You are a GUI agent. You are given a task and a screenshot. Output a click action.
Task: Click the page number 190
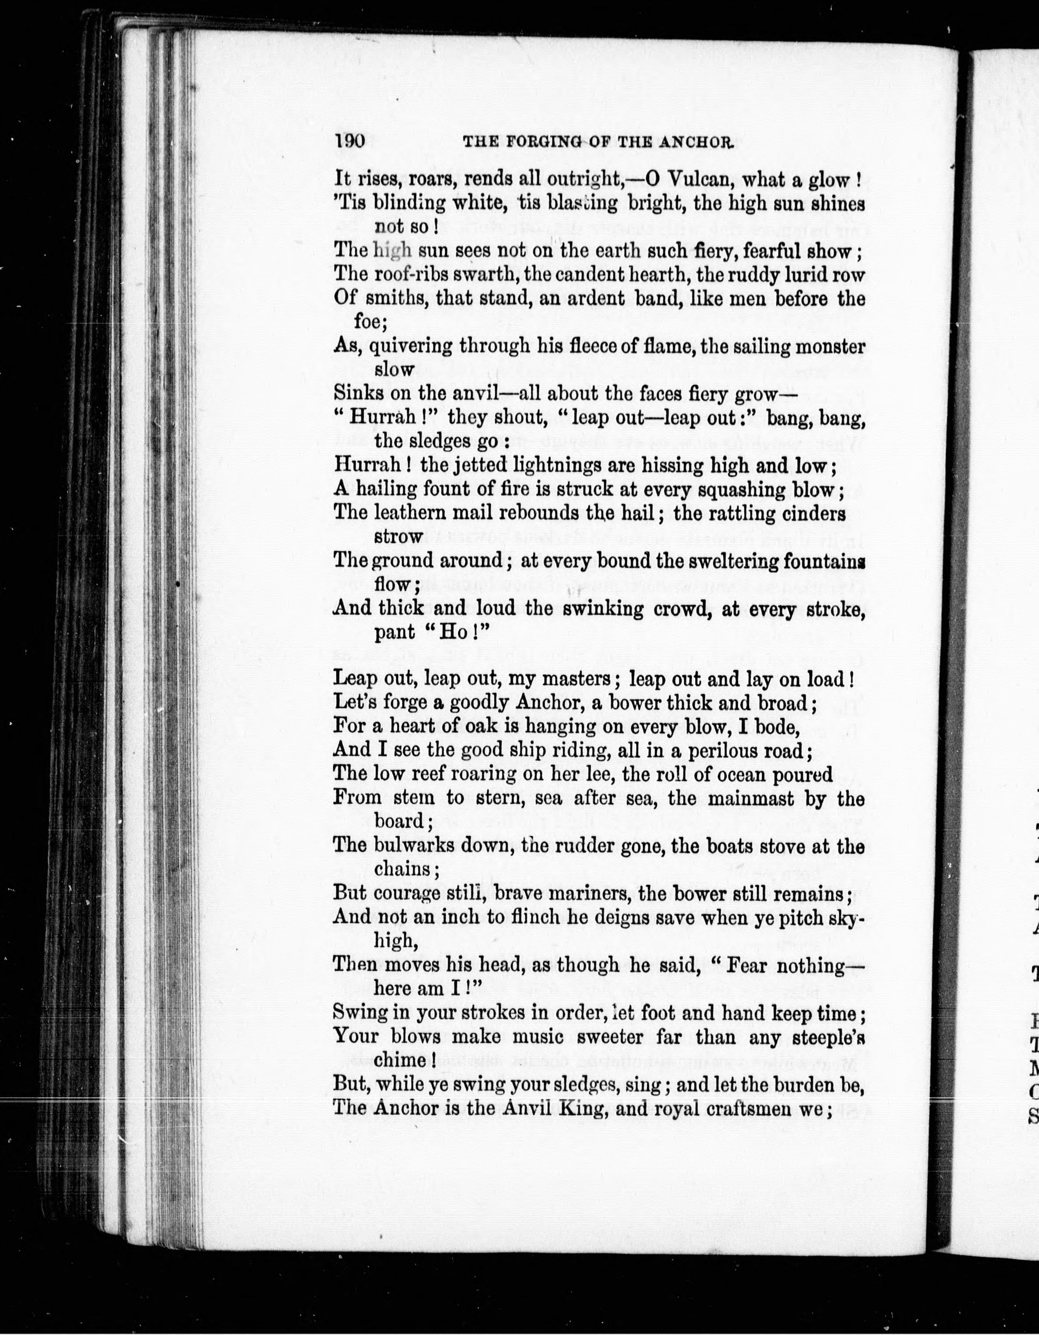point(350,142)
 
